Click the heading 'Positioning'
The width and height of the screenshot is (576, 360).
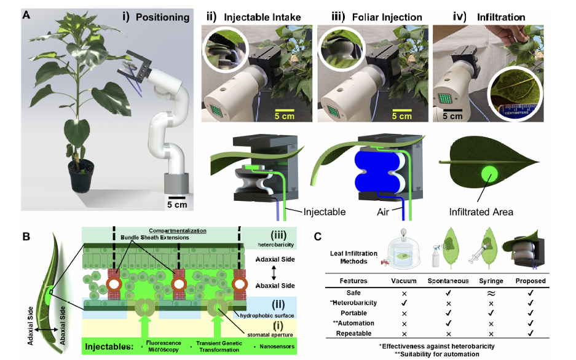[x=163, y=17]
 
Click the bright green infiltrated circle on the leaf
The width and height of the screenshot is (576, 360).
[x=489, y=176]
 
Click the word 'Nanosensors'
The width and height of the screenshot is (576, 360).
[x=272, y=346]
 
